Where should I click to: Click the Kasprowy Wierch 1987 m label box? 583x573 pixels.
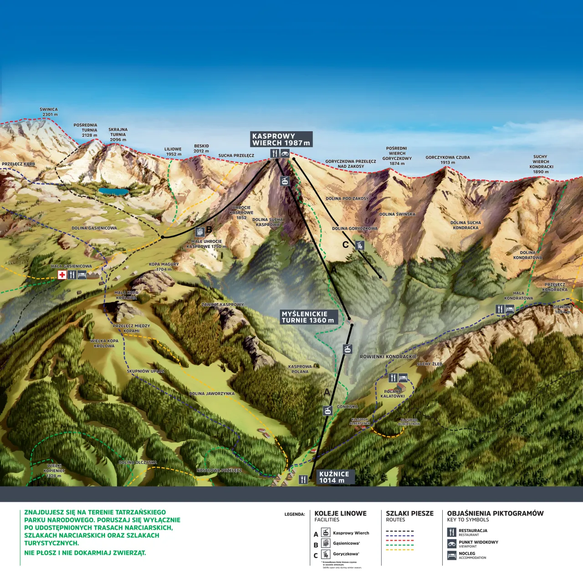tap(281, 139)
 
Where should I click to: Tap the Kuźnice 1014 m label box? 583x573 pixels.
tap(335, 477)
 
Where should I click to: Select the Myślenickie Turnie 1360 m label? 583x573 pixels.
tap(308, 317)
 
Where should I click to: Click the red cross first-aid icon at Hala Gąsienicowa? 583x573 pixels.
tap(62, 275)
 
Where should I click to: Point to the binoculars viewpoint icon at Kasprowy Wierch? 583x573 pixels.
tap(285, 154)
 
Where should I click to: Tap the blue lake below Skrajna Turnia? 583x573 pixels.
tap(114, 191)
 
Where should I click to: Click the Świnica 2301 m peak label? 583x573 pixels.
tap(49, 112)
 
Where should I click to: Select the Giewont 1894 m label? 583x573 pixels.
tap(563, 310)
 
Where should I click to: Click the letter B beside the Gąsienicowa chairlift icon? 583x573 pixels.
tap(209, 230)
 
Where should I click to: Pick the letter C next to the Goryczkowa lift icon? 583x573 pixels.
tap(346, 245)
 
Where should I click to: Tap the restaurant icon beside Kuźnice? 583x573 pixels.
tap(303, 480)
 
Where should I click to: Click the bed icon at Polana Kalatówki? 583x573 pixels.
tap(403, 378)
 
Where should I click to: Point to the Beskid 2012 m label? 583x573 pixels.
tap(201, 149)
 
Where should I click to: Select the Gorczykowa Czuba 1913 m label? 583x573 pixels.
tap(447, 160)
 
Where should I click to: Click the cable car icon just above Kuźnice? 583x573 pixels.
tap(327, 411)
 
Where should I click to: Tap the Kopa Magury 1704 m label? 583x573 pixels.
tap(164, 267)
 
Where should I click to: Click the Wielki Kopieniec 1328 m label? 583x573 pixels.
tap(54, 471)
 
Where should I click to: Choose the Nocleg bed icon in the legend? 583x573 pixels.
tap(452, 555)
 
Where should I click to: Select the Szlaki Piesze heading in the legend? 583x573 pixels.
tap(409, 513)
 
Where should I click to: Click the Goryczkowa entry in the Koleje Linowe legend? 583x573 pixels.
tap(345, 554)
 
